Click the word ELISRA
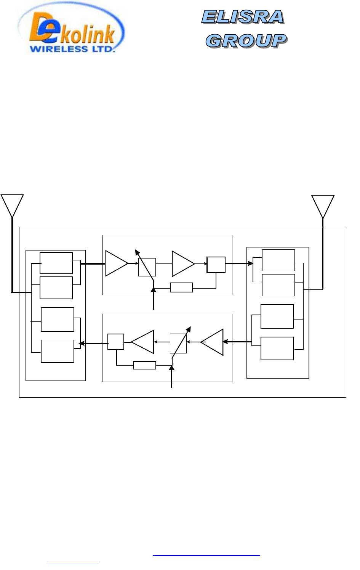coord(243,17)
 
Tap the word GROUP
coord(246,41)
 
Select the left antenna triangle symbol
coord(12,204)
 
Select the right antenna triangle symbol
coord(323,205)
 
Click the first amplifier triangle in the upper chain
coord(116,263)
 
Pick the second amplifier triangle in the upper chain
coord(182,263)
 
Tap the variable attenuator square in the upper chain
coord(147,267)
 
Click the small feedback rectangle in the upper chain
coord(181,287)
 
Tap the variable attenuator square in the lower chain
coord(178,343)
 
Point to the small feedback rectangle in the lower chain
coord(144,365)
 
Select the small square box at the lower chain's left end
coord(116,342)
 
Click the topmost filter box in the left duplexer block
coord(56,263)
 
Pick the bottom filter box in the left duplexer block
coord(58,351)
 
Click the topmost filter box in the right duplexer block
coord(278,260)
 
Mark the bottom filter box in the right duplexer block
coord(277,348)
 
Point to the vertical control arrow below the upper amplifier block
coord(153,299)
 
